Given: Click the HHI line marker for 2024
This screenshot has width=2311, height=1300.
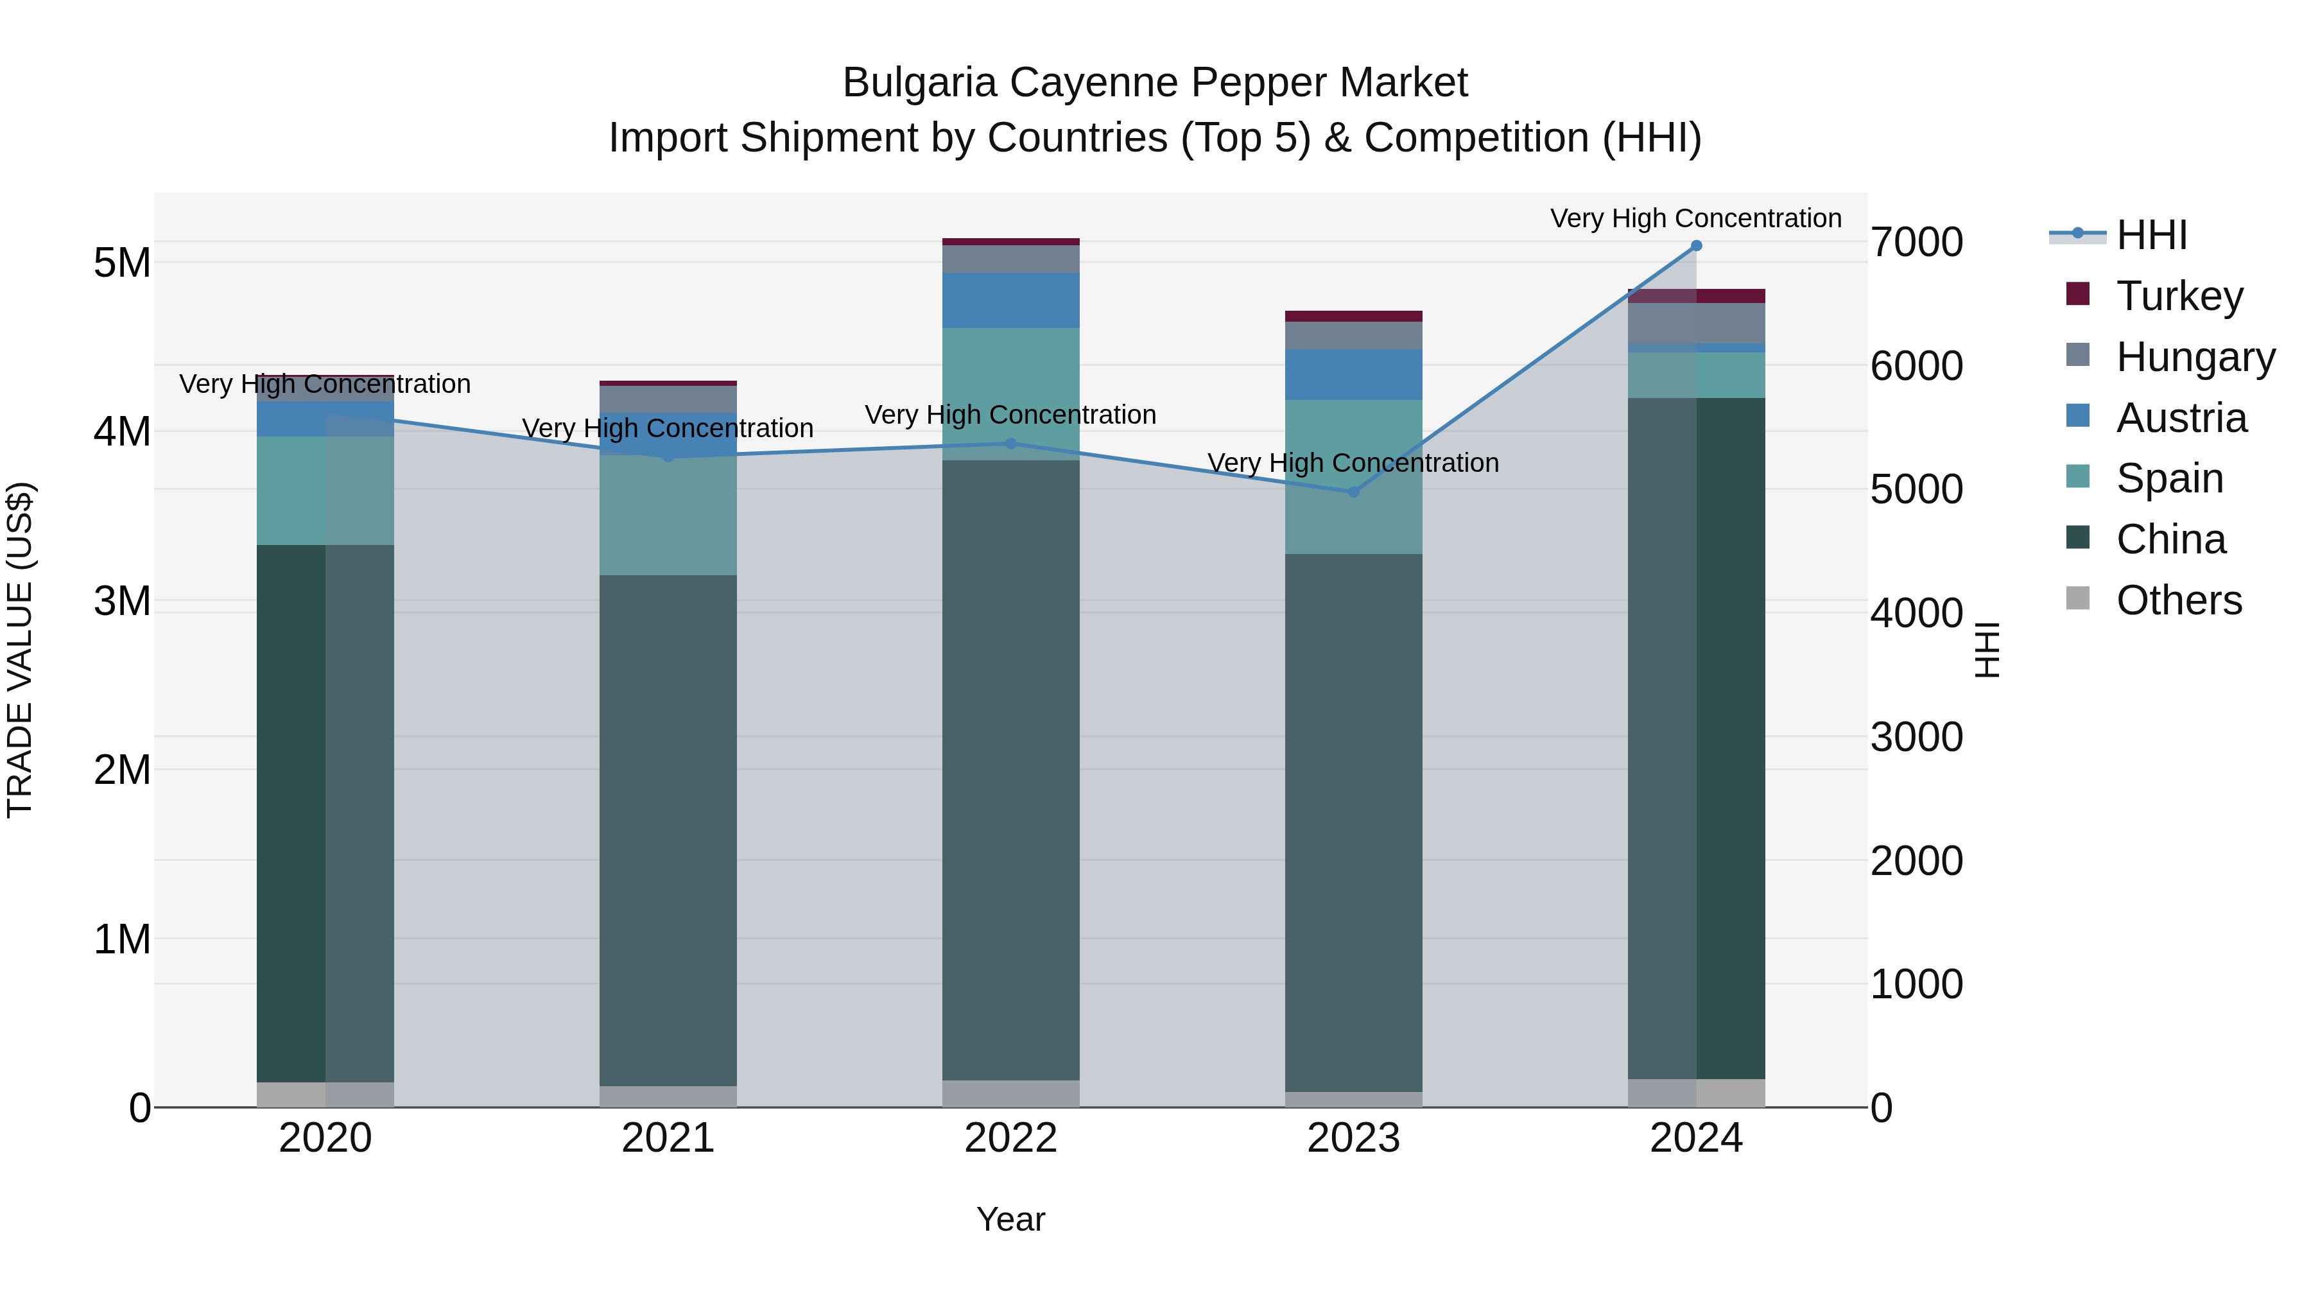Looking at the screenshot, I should click(x=1695, y=246).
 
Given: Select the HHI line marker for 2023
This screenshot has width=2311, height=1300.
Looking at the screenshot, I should click(x=1354, y=492).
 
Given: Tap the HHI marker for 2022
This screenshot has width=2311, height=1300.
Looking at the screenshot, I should click(x=1011, y=443).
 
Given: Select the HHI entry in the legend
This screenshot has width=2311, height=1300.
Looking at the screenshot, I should click(x=2151, y=235).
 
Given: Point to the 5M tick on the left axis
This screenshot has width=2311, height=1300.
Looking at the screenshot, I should click(x=122, y=263).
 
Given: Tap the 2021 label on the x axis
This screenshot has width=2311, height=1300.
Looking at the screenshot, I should click(x=668, y=1138).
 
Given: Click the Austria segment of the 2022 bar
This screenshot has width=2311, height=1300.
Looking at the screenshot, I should click(x=1011, y=300).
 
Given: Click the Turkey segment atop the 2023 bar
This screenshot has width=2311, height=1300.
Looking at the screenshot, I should click(x=1354, y=316).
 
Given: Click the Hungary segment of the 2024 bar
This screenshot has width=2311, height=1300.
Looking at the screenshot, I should click(x=1695, y=323).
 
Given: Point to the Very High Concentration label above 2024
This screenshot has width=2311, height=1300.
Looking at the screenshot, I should click(x=1695, y=218).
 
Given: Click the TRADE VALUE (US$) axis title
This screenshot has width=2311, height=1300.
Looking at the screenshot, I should click(x=20, y=650).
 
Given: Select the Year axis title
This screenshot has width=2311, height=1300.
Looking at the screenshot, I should click(x=1010, y=1219).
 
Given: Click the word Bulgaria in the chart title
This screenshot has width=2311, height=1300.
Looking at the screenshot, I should click(x=919, y=83).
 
